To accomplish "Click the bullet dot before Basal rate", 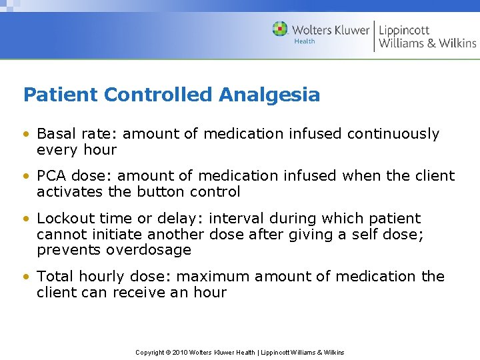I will [27, 135].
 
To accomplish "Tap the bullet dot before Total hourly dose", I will [27, 277].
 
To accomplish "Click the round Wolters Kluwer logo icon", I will [280, 29].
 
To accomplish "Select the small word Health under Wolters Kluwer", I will [304, 42].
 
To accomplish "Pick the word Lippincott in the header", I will [404, 29].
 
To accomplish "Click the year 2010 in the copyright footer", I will [179, 352].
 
